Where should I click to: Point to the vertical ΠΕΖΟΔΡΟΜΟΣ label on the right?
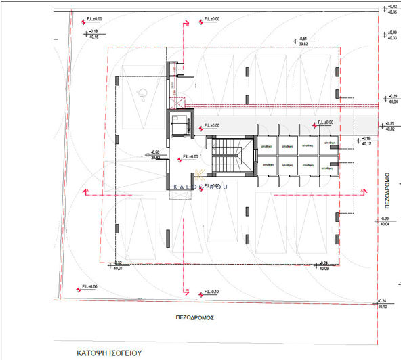[381, 191]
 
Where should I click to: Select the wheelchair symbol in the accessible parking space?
[142, 93]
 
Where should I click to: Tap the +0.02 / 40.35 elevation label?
[391, 9]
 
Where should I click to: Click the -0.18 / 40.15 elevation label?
[93, 35]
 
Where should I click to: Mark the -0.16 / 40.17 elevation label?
[367, 141]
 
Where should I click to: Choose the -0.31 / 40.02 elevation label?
[391, 126]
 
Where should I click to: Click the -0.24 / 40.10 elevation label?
[384, 304]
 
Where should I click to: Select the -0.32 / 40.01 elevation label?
[118, 266]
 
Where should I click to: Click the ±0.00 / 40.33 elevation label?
[391, 35]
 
